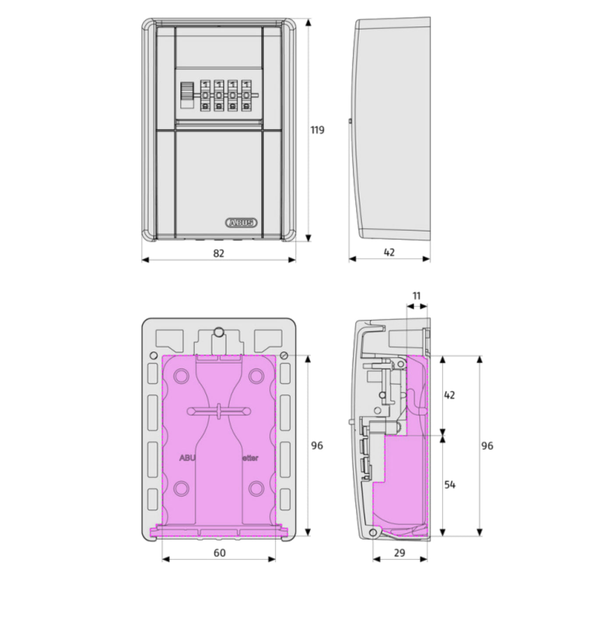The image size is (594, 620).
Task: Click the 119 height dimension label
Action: click(317, 130)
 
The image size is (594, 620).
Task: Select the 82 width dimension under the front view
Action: click(218, 253)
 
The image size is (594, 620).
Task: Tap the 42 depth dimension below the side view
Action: click(389, 252)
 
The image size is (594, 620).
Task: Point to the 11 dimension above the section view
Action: click(417, 296)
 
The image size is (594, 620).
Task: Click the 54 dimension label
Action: click(450, 485)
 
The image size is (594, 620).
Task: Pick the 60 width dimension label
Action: click(219, 553)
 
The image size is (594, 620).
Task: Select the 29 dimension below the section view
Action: click(400, 553)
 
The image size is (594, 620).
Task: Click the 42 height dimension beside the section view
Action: click(450, 395)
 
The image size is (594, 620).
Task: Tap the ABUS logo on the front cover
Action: click(241, 222)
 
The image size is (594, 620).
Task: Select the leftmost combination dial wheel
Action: click(205, 95)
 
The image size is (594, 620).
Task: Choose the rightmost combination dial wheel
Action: click(247, 95)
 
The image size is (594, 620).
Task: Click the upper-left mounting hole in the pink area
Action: click(180, 375)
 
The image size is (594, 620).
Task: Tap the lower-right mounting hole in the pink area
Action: click(256, 488)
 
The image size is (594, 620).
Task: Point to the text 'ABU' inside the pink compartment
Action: click(187, 458)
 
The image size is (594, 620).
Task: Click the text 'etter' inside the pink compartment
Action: click(250, 458)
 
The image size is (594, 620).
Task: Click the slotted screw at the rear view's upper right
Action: click(285, 355)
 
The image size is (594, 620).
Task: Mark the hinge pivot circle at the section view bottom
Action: click(373, 532)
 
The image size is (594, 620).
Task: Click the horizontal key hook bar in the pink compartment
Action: click(219, 411)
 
